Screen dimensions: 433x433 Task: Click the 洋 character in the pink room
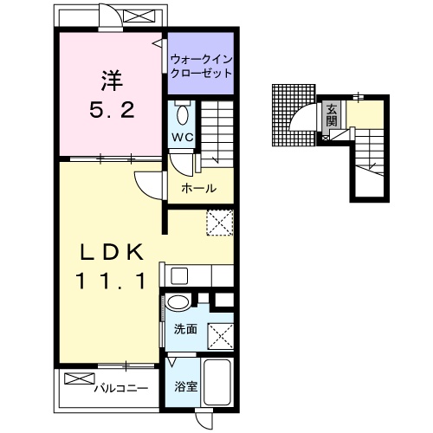(112, 81)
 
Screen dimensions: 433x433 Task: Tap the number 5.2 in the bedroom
(112, 110)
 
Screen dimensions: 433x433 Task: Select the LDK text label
(112, 252)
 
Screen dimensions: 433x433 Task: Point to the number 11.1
(111, 281)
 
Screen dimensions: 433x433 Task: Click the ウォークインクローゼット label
(201, 67)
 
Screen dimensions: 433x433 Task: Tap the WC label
(183, 137)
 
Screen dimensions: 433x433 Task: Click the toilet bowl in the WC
(183, 114)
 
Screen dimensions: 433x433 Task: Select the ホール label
(199, 189)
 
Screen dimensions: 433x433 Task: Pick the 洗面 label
(185, 329)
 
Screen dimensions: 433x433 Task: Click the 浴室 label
(185, 386)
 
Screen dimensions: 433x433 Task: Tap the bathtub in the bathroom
(217, 382)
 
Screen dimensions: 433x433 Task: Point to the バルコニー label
(121, 388)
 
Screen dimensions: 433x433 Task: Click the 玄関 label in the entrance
(332, 116)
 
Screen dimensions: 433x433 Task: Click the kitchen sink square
(179, 275)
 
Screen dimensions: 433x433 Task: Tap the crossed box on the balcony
(80, 378)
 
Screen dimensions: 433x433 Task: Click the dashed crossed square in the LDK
(220, 223)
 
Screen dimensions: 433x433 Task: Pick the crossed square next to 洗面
(221, 336)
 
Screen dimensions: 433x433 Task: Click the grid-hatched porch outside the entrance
(294, 115)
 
